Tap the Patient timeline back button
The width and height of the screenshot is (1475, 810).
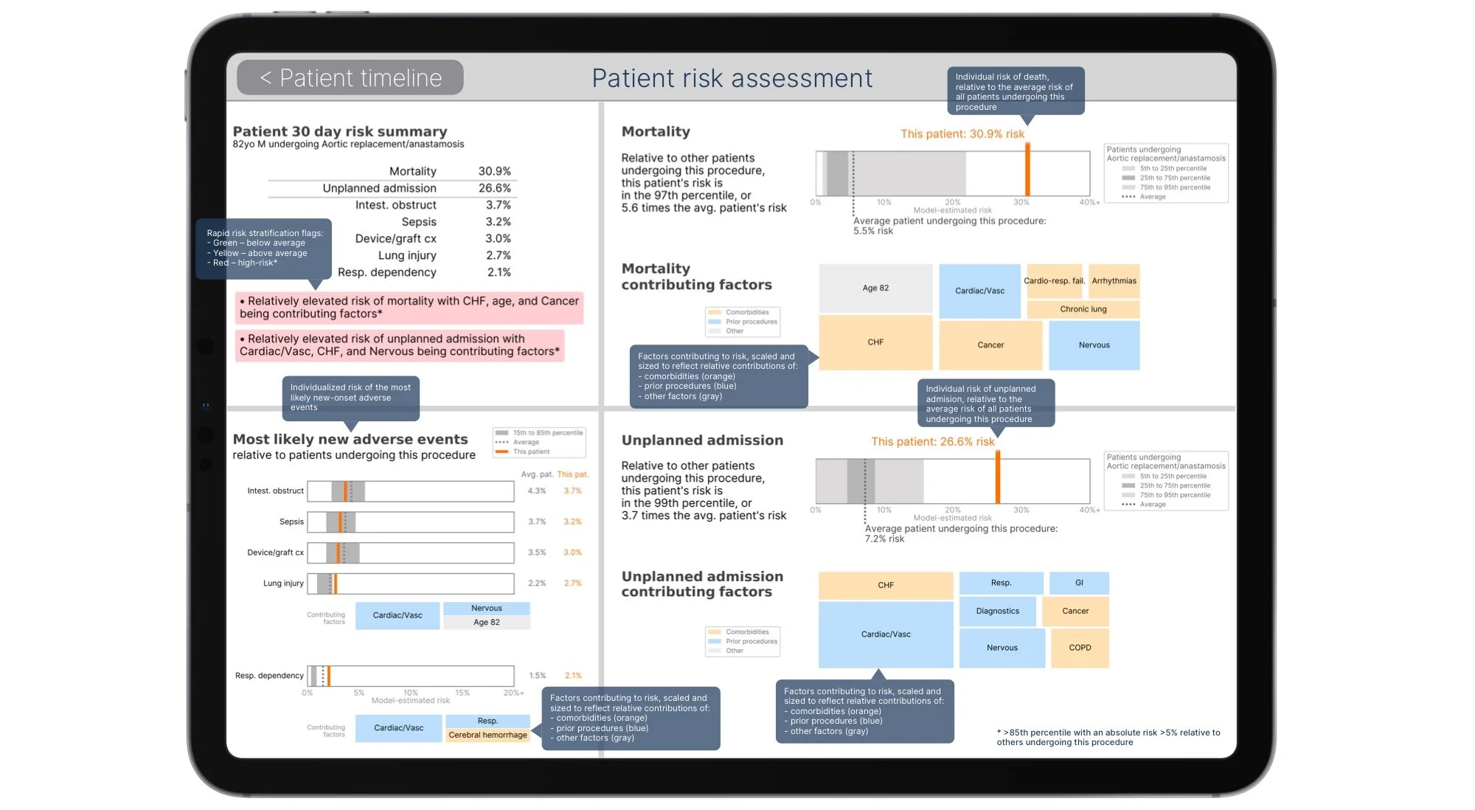pyautogui.click(x=350, y=77)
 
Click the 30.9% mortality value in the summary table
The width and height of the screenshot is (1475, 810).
pyautogui.click(x=494, y=171)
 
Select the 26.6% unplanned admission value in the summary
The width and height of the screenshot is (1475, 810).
pyautogui.click(x=494, y=188)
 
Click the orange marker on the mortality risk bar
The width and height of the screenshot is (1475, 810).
pyautogui.click(x=1027, y=170)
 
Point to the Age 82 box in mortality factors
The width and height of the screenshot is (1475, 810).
pyautogui.click(x=875, y=288)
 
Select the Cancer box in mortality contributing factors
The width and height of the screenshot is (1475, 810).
pyautogui.click(x=990, y=345)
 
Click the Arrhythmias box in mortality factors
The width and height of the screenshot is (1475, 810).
pyautogui.click(x=1114, y=281)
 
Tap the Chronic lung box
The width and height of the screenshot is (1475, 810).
pyautogui.click(x=1083, y=309)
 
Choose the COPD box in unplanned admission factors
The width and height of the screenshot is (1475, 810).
pyautogui.click(x=1080, y=648)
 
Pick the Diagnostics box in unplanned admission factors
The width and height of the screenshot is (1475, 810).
pyautogui.click(x=997, y=611)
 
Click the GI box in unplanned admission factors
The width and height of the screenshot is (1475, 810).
pyautogui.click(x=1079, y=583)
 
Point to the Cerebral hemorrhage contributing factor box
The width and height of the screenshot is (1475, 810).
pyautogui.click(x=487, y=735)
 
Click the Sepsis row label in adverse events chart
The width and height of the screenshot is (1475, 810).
pyautogui.click(x=291, y=522)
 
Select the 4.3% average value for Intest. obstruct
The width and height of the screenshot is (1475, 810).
pyautogui.click(x=537, y=491)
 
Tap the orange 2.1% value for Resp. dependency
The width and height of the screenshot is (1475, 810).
pyautogui.click(x=573, y=676)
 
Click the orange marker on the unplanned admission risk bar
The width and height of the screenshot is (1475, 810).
pyautogui.click(x=997, y=477)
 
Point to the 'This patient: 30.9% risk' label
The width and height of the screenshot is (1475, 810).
pyautogui.click(x=962, y=134)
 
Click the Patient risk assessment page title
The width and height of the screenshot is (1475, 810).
pyautogui.click(x=732, y=78)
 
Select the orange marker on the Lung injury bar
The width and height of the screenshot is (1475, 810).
pyautogui.click(x=336, y=584)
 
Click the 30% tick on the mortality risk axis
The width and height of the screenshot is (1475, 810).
pyautogui.click(x=1021, y=202)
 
